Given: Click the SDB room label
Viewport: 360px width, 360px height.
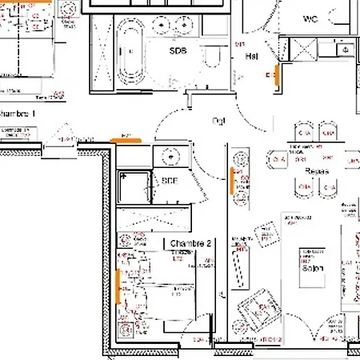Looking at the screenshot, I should (178, 50).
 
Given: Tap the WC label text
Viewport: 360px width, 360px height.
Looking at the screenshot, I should (311, 18).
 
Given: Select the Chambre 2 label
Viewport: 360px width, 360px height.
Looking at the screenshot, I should (190, 242).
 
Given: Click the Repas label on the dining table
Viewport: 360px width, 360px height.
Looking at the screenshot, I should (318, 171).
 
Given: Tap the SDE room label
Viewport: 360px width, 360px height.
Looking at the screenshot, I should (169, 182).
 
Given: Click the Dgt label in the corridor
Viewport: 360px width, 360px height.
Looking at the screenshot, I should (218, 121).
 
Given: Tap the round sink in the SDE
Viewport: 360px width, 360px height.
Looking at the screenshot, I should (170, 156).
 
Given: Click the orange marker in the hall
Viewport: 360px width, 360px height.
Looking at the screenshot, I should (277, 75).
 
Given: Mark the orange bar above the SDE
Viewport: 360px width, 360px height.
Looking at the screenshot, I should (126, 139).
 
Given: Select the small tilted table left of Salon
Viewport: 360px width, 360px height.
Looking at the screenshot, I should (265, 233).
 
